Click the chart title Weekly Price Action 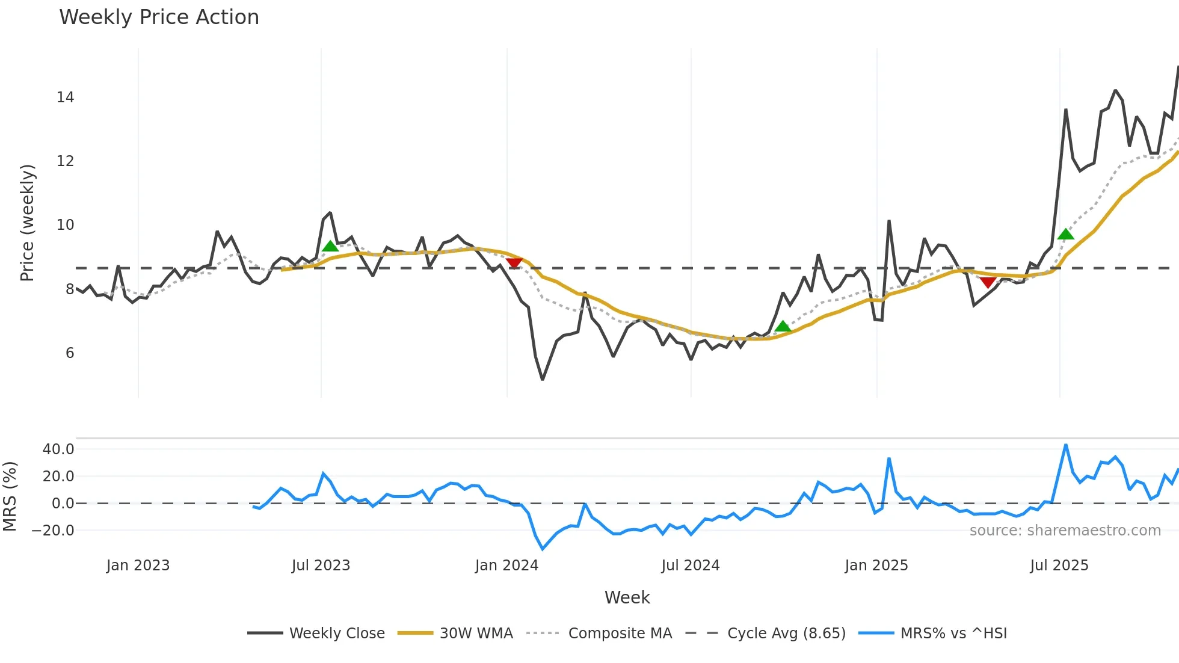(x=159, y=17)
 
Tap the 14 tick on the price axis (x=65, y=97)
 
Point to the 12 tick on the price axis (x=65, y=161)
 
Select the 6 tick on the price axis (x=70, y=353)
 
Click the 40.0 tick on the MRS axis (x=58, y=449)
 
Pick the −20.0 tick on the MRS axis (x=53, y=531)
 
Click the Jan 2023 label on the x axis (x=138, y=566)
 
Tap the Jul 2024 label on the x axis (x=690, y=566)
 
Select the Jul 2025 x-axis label (x=1059, y=566)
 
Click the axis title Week (x=627, y=597)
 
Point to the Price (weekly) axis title (x=27, y=223)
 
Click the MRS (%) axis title (x=10, y=496)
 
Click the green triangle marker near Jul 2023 (x=330, y=246)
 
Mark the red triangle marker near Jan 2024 (x=514, y=263)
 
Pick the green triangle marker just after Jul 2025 (x=1065, y=234)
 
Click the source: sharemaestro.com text (x=1065, y=531)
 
